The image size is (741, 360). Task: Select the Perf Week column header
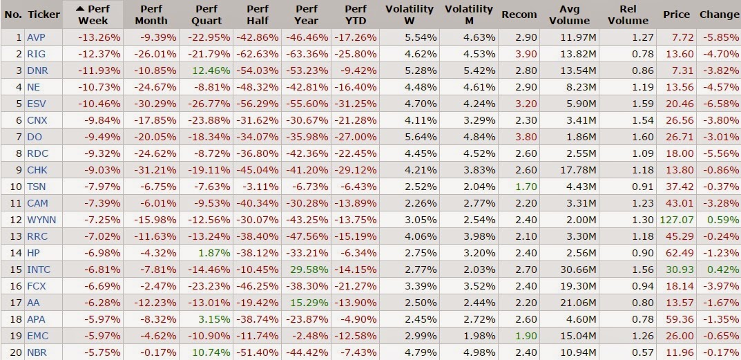[93, 15]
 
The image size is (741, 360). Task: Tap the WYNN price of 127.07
[678, 220]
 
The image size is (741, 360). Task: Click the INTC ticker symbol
[39, 269]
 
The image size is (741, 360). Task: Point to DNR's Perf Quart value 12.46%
[207, 70]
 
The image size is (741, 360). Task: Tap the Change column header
[719, 15]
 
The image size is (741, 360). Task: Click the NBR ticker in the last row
[37, 352]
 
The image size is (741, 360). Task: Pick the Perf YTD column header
[356, 15]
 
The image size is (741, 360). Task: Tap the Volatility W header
[410, 15]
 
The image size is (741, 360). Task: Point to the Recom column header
[519, 15]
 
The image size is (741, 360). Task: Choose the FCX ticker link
[37, 286]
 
